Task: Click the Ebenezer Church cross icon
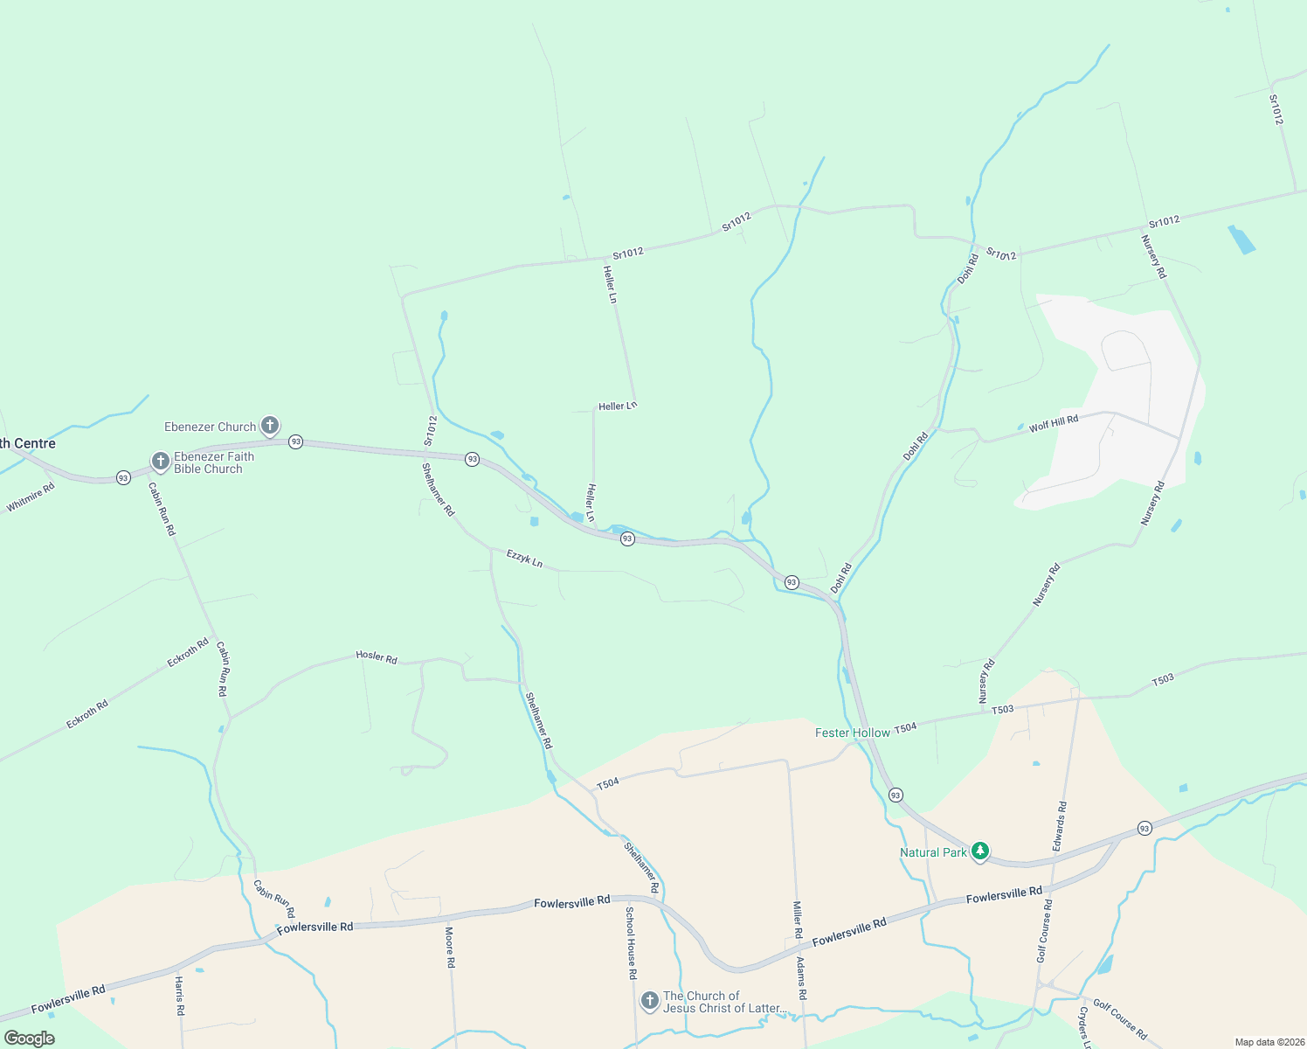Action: point(270,426)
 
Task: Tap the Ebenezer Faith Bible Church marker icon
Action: point(160,461)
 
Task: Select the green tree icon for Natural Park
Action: point(980,851)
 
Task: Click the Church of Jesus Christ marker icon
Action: point(649,1000)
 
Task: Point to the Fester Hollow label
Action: point(852,733)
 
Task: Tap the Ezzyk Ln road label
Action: point(525,558)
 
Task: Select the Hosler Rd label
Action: point(377,656)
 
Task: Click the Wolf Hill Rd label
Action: point(1054,424)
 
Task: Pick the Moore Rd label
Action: point(451,947)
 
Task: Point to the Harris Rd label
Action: point(179,996)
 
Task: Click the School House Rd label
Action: point(631,942)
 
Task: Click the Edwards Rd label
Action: point(1059,827)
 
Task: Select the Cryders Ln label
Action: point(1084,1028)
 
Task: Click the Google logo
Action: point(29,1039)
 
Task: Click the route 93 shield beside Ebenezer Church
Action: point(296,442)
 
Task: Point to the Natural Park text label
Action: point(933,852)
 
